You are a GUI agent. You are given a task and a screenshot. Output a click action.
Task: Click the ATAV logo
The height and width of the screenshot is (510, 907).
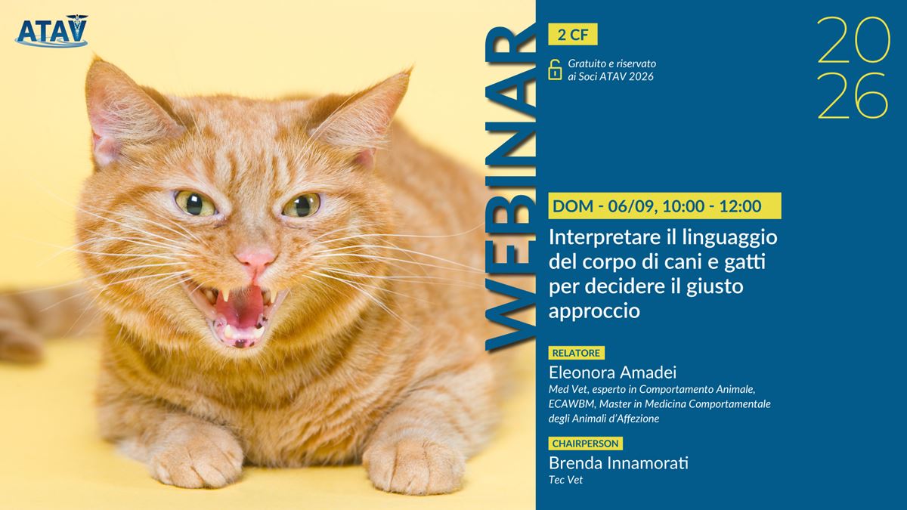(x=51, y=31)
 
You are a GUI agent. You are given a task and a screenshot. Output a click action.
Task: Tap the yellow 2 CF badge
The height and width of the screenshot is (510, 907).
(x=573, y=35)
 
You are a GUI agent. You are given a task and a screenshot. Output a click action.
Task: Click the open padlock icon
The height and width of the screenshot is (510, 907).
(x=555, y=70)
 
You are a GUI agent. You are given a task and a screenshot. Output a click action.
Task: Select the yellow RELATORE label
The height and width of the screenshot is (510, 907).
(x=576, y=353)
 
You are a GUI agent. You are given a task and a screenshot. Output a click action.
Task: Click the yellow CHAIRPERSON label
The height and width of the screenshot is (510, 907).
(x=586, y=444)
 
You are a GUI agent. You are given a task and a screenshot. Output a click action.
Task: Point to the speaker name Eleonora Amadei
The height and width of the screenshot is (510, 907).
(x=613, y=372)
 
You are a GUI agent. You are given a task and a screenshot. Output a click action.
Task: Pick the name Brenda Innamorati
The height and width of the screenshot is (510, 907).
(x=618, y=463)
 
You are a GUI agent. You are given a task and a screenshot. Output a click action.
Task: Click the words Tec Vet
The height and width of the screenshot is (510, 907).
(x=565, y=480)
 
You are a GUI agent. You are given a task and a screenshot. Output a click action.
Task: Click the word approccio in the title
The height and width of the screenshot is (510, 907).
(x=594, y=311)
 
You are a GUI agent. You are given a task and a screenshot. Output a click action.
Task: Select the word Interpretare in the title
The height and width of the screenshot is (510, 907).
(x=606, y=238)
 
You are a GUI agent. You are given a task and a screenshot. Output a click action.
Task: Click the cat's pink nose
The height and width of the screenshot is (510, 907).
(x=255, y=258)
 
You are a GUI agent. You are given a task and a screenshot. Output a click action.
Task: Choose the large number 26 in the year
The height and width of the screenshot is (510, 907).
(x=853, y=95)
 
